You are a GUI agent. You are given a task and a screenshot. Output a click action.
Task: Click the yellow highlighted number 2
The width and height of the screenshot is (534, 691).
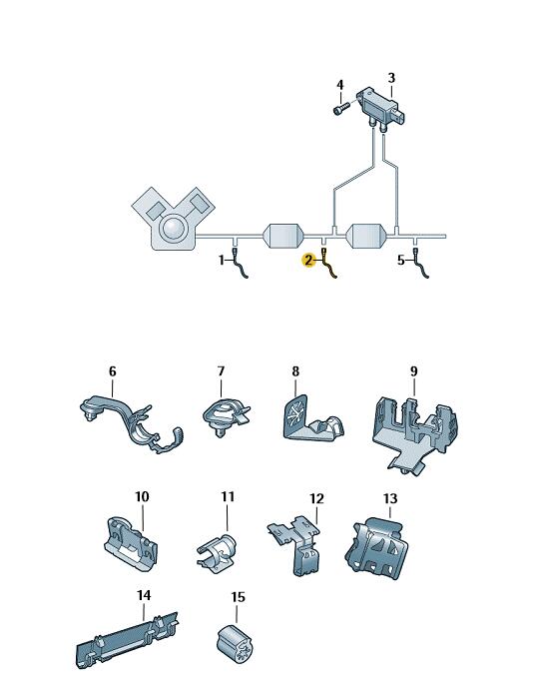coord(308,260)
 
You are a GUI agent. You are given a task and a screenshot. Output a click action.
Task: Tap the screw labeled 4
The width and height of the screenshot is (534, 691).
coord(340,108)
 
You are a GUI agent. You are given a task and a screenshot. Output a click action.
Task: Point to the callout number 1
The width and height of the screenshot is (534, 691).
coord(222,260)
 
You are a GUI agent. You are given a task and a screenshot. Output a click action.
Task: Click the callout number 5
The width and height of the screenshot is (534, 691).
coord(400,260)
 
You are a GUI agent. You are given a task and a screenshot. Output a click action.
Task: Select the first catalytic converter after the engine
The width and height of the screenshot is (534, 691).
coord(283,236)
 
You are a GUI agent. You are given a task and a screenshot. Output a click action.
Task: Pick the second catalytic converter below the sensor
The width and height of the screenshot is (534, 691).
coord(366,236)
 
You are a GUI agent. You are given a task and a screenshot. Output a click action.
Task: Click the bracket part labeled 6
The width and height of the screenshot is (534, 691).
coord(132,424)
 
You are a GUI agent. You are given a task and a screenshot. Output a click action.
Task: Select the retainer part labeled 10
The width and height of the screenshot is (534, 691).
coord(132,544)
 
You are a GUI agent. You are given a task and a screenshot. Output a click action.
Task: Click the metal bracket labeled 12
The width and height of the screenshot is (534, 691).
coord(296,544)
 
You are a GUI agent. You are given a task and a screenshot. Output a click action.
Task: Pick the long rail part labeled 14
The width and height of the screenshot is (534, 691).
coord(127,640)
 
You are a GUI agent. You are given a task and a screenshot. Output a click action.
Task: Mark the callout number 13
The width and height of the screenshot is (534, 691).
coord(390,498)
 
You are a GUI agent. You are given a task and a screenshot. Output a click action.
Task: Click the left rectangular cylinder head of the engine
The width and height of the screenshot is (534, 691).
coord(154,210)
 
